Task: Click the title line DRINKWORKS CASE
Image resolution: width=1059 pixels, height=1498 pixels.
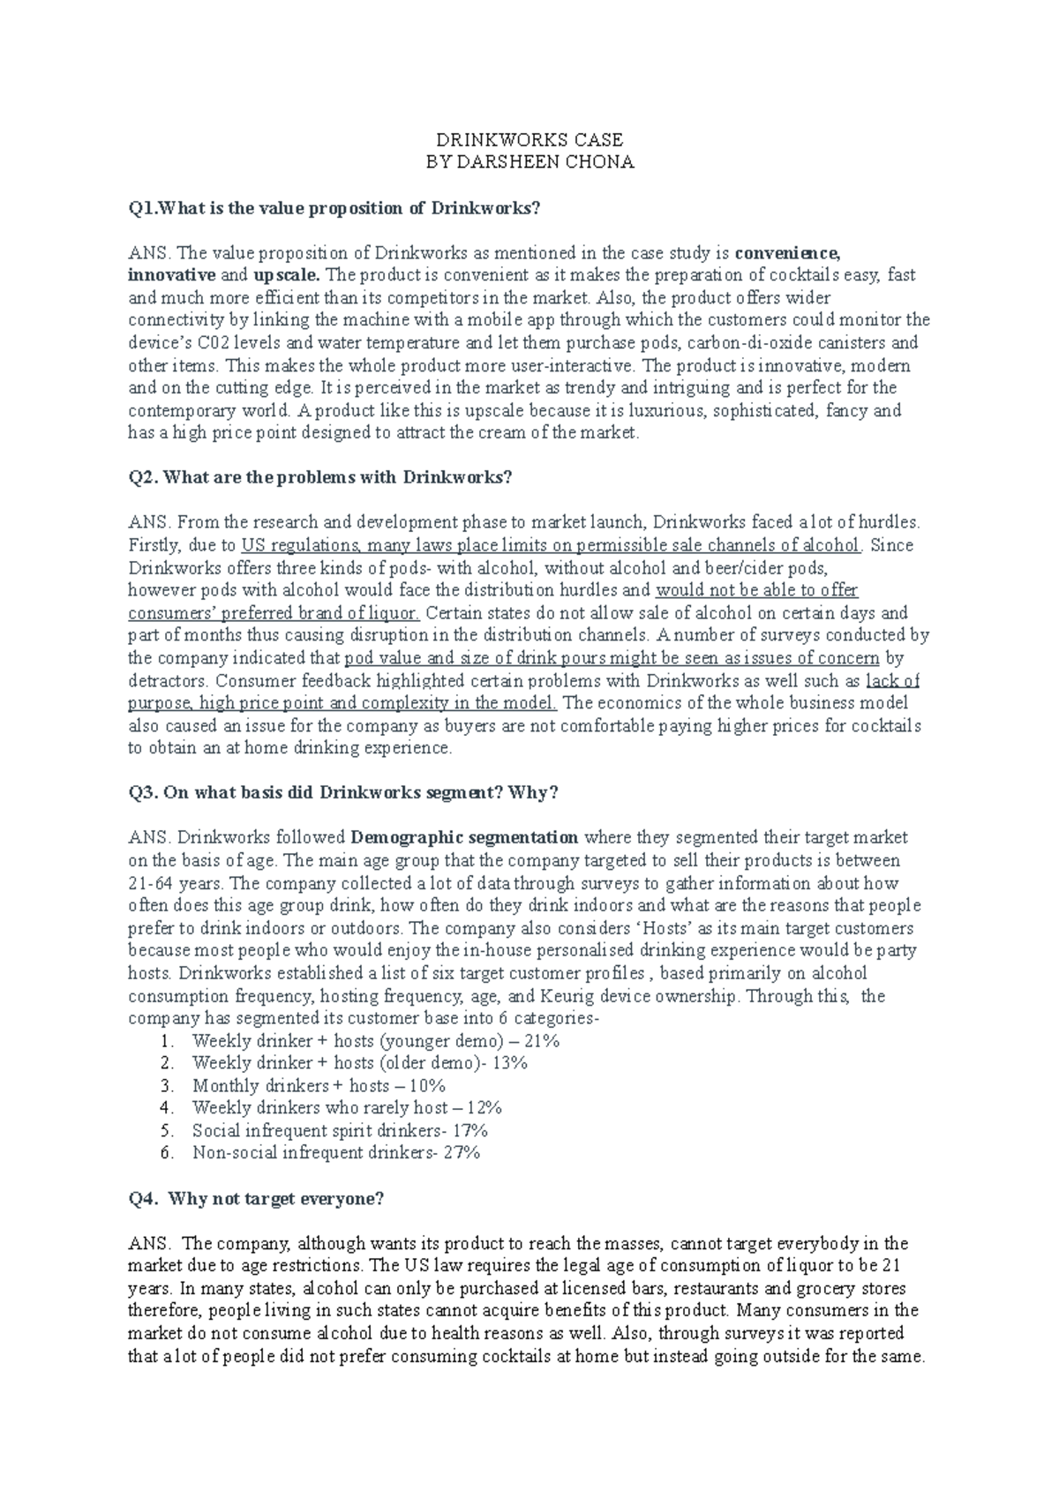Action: point(529,139)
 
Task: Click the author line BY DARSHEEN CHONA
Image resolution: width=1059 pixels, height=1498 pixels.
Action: point(529,162)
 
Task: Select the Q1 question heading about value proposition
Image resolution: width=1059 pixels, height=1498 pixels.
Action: point(334,208)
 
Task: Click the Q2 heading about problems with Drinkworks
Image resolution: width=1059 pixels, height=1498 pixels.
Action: point(320,477)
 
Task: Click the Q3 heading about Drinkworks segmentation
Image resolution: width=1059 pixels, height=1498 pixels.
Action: point(343,792)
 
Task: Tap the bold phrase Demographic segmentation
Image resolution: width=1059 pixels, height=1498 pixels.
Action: point(465,837)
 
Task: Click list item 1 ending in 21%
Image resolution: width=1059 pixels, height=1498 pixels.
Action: point(376,1041)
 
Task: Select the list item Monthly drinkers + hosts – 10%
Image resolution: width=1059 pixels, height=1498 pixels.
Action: point(319,1086)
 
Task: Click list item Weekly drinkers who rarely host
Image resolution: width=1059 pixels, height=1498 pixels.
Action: point(346,1108)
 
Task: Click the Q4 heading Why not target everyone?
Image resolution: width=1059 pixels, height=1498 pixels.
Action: point(256,1199)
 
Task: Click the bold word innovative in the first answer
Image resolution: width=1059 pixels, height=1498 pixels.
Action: point(171,275)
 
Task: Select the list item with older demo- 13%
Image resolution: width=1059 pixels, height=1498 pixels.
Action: point(359,1063)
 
